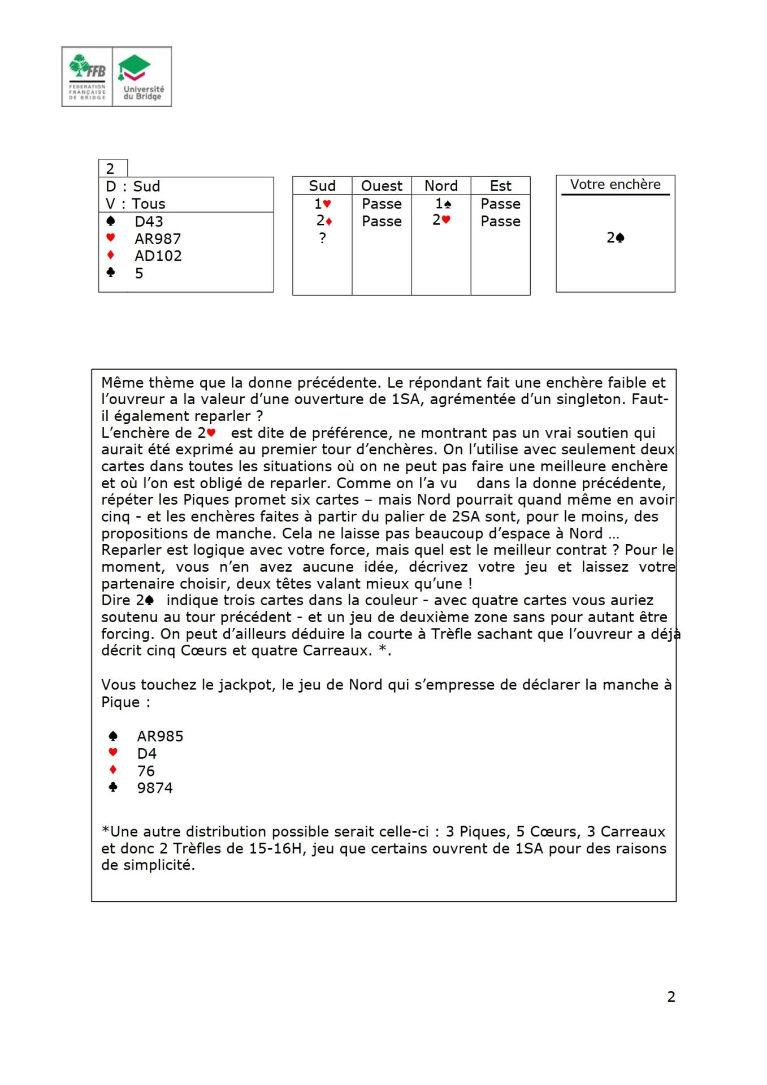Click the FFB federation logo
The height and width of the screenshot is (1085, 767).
pos(87,77)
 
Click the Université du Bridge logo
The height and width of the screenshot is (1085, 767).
pos(142,77)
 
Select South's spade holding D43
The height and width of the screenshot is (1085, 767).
pos(149,222)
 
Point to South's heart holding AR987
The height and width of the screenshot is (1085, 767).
pos(158,239)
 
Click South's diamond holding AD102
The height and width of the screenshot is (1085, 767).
pos(158,256)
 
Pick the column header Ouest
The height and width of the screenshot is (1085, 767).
pos(382,186)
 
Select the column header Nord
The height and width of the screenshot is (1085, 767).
pos(441,186)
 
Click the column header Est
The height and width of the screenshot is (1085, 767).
pos(500,186)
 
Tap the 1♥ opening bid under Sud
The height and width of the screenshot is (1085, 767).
pos(322,203)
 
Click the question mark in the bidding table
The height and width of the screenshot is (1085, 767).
pos(322,238)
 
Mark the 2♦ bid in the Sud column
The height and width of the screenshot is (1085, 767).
pos(323,220)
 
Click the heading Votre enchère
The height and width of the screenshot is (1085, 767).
pos(615,184)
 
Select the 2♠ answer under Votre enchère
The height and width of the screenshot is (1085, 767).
pos(615,238)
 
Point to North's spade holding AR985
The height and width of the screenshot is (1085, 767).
pos(160,736)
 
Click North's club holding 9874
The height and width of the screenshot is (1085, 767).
pos(155,788)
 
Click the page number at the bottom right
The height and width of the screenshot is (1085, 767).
pos(671,997)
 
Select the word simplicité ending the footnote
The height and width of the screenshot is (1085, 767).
pos(148,865)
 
